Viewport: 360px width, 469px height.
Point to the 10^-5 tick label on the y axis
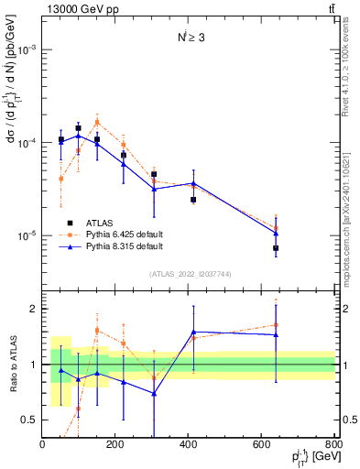[x=27, y=235]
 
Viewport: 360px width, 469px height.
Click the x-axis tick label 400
[x=189, y=444]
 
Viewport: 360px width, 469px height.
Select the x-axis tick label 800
[x=333, y=444]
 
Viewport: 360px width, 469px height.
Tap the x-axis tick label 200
[x=115, y=444]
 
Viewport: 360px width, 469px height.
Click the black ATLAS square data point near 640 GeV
[x=276, y=248]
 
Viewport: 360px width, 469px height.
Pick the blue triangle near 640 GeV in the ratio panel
[x=276, y=334]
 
